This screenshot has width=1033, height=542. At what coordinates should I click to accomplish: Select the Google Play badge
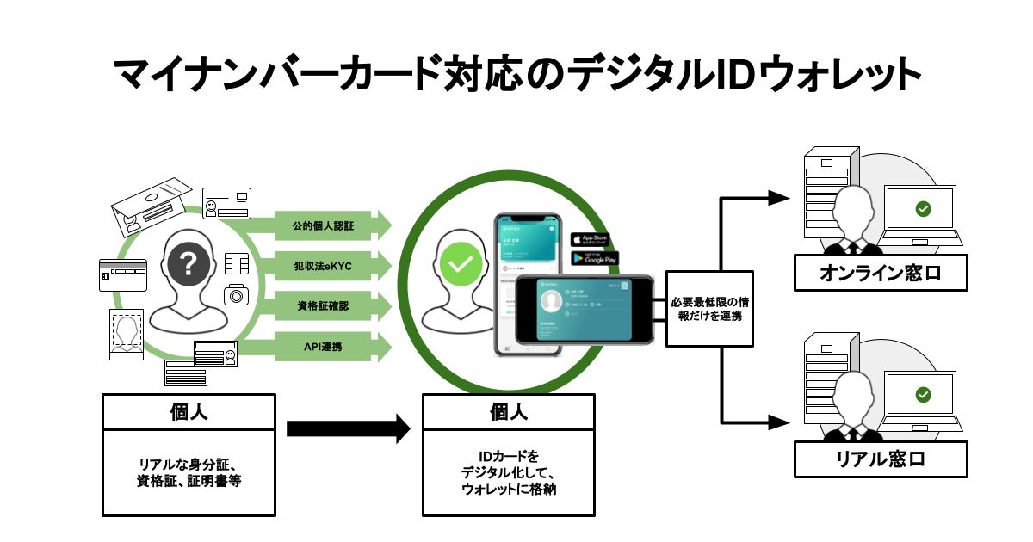595,257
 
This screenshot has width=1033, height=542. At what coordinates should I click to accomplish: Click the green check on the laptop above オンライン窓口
923,208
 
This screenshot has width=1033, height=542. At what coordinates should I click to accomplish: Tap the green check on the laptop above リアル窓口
923,394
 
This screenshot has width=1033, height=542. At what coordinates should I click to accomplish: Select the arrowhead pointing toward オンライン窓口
779,197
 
